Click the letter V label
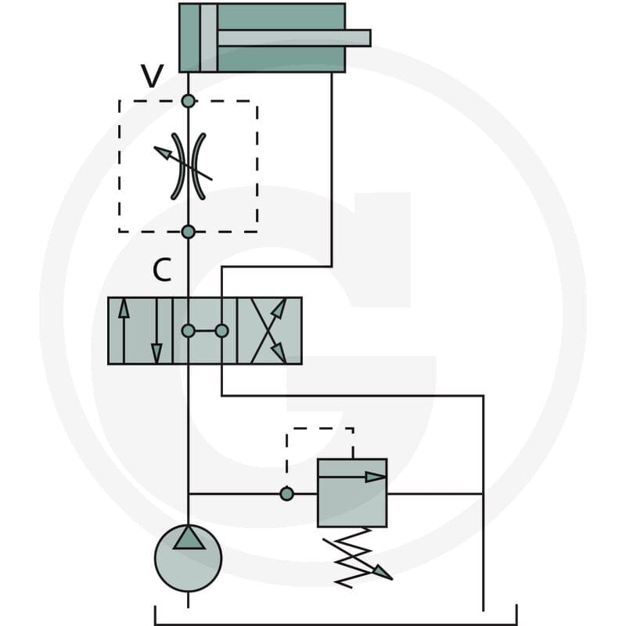click(x=152, y=76)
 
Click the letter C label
click(x=162, y=270)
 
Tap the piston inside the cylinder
click(x=208, y=38)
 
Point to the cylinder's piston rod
click(x=294, y=38)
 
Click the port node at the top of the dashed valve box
click(x=188, y=101)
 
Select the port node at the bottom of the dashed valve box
click(x=188, y=232)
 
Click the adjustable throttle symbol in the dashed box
click(x=188, y=166)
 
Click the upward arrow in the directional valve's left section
click(x=124, y=330)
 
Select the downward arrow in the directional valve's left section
click(x=156, y=330)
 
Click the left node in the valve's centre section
click(x=188, y=331)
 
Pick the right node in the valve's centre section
click(x=221, y=331)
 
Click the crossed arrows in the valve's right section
click(x=268, y=330)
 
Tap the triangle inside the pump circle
click(x=189, y=538)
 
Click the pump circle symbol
click(x=188, y=558)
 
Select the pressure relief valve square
click(x=352, y=493)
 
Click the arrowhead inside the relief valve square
click(x=376, y=477)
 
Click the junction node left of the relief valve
click(x=286, y=494)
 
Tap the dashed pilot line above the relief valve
click(x=320, y=429)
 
